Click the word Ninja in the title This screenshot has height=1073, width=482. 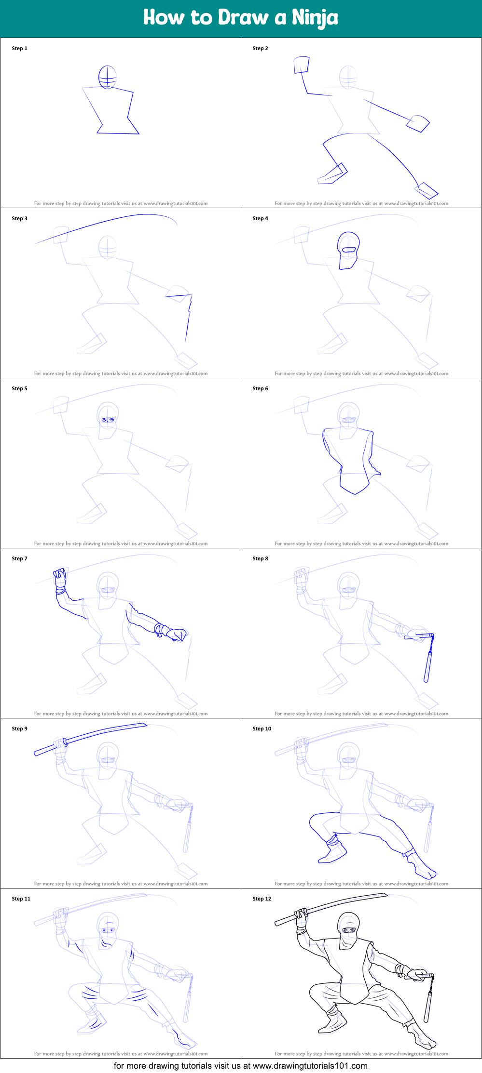[315, 18]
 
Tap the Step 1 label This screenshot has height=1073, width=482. [19, 48]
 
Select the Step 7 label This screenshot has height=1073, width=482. [19, 558]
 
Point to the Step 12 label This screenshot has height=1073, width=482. [262, 899]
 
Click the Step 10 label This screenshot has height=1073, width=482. [262, 729]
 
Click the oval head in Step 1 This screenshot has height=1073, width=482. [107, 77]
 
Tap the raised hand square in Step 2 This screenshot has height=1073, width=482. [302, 65]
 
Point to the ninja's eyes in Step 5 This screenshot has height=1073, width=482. [108, 420]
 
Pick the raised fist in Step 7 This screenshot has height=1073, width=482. [60, 577]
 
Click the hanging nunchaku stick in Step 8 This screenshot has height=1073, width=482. [428, 665]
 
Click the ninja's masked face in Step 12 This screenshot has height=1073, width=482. [348, 930]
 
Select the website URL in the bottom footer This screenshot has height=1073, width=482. [310, 1066]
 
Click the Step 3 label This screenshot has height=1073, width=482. [19, 218]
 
